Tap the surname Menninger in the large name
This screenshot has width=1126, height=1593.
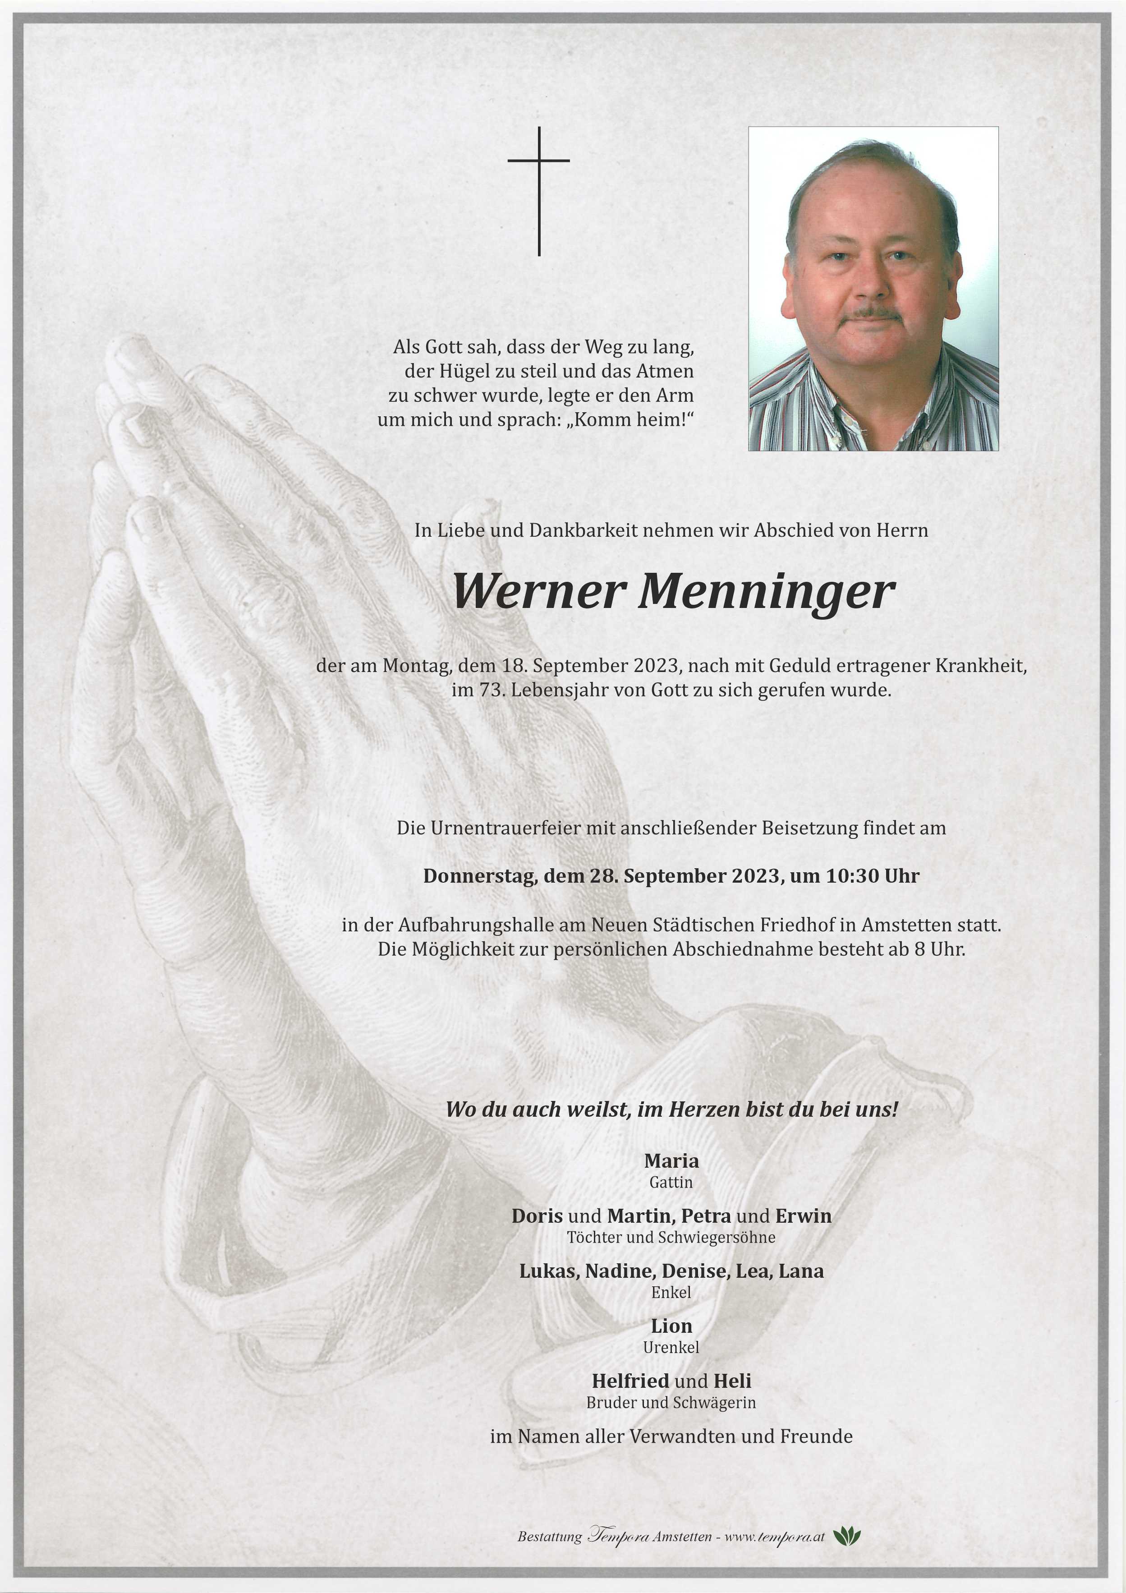pyautogui.click(x=767, y=592)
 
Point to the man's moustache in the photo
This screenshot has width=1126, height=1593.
pyautogui.click(x=871, y=313)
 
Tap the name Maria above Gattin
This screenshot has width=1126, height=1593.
pyautogui.click(x=671, y=1161)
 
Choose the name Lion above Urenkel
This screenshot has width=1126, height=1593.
pyautogui.click(x=671, y=1326)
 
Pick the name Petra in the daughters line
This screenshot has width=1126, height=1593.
pyautogui.click(x=706, y=1215)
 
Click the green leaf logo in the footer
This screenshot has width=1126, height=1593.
pyautogui.click(x=846, y=1536)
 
